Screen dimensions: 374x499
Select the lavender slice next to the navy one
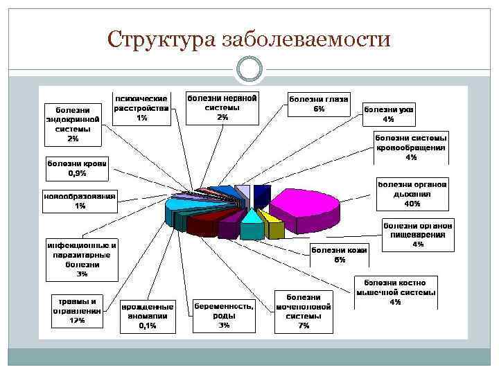(x=243, y=193)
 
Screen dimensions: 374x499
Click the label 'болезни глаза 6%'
(x=319, y=104)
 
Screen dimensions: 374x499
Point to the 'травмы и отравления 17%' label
(x=78, y=311)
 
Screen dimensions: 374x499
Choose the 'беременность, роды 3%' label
(x=224, y=315)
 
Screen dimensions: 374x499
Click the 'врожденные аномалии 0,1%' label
(x=147, y=315)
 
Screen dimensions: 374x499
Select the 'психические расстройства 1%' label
(x=141, y=109)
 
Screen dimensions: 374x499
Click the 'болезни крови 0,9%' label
(x=76, y=168)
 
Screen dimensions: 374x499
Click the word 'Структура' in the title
(x=161, y=40)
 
